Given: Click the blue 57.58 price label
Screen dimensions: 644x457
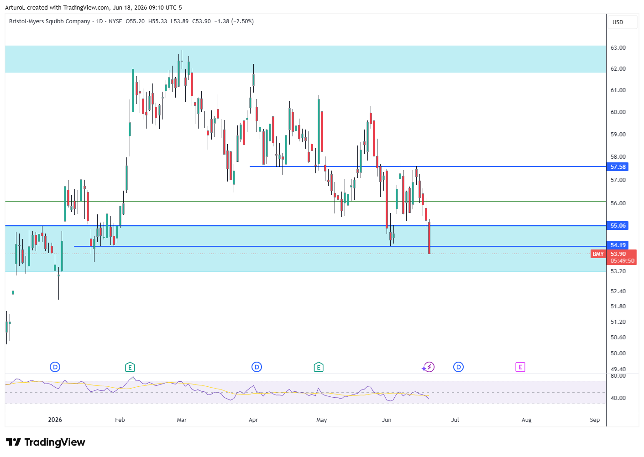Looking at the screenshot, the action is [x=617, y=167].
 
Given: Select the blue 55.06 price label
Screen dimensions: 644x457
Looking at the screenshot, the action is [x=617, y=226].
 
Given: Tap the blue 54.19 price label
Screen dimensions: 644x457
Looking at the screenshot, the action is [x=617, y=245].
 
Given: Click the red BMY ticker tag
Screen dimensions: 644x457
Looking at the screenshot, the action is [x=598, y=254].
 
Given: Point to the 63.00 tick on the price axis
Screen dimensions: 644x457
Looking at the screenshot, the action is [x=618, y=48].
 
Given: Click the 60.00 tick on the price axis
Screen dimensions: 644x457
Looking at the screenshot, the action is [x=618, y=112].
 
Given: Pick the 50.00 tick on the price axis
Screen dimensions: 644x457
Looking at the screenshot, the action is [x=618, y=353].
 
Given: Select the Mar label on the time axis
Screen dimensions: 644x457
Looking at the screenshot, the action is [x=182, y=420].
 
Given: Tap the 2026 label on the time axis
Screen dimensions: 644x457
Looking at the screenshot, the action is [x=55, y=420].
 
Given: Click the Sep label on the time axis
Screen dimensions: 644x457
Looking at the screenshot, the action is [x=595, y=420].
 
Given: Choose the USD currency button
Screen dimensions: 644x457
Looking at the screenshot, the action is [x=618, y=22].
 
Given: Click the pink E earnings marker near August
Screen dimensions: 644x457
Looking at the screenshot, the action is [x=520, y=367].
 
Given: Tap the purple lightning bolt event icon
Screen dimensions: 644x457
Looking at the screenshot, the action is [x=429, y=367].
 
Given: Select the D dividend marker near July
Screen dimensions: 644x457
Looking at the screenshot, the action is [x=459, y=367].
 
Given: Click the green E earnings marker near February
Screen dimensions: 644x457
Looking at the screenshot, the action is [x=130, y=367].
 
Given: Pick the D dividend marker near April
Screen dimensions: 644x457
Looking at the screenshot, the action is [x=257, y=367].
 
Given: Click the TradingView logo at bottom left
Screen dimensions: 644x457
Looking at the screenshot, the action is [x=46, y=442].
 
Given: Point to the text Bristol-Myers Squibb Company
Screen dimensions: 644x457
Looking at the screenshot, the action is [x=49, y=21].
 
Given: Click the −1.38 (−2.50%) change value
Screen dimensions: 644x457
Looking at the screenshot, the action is [x=234, y=21].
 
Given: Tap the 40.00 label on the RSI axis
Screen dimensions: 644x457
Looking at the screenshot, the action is [x=618, y=398].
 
